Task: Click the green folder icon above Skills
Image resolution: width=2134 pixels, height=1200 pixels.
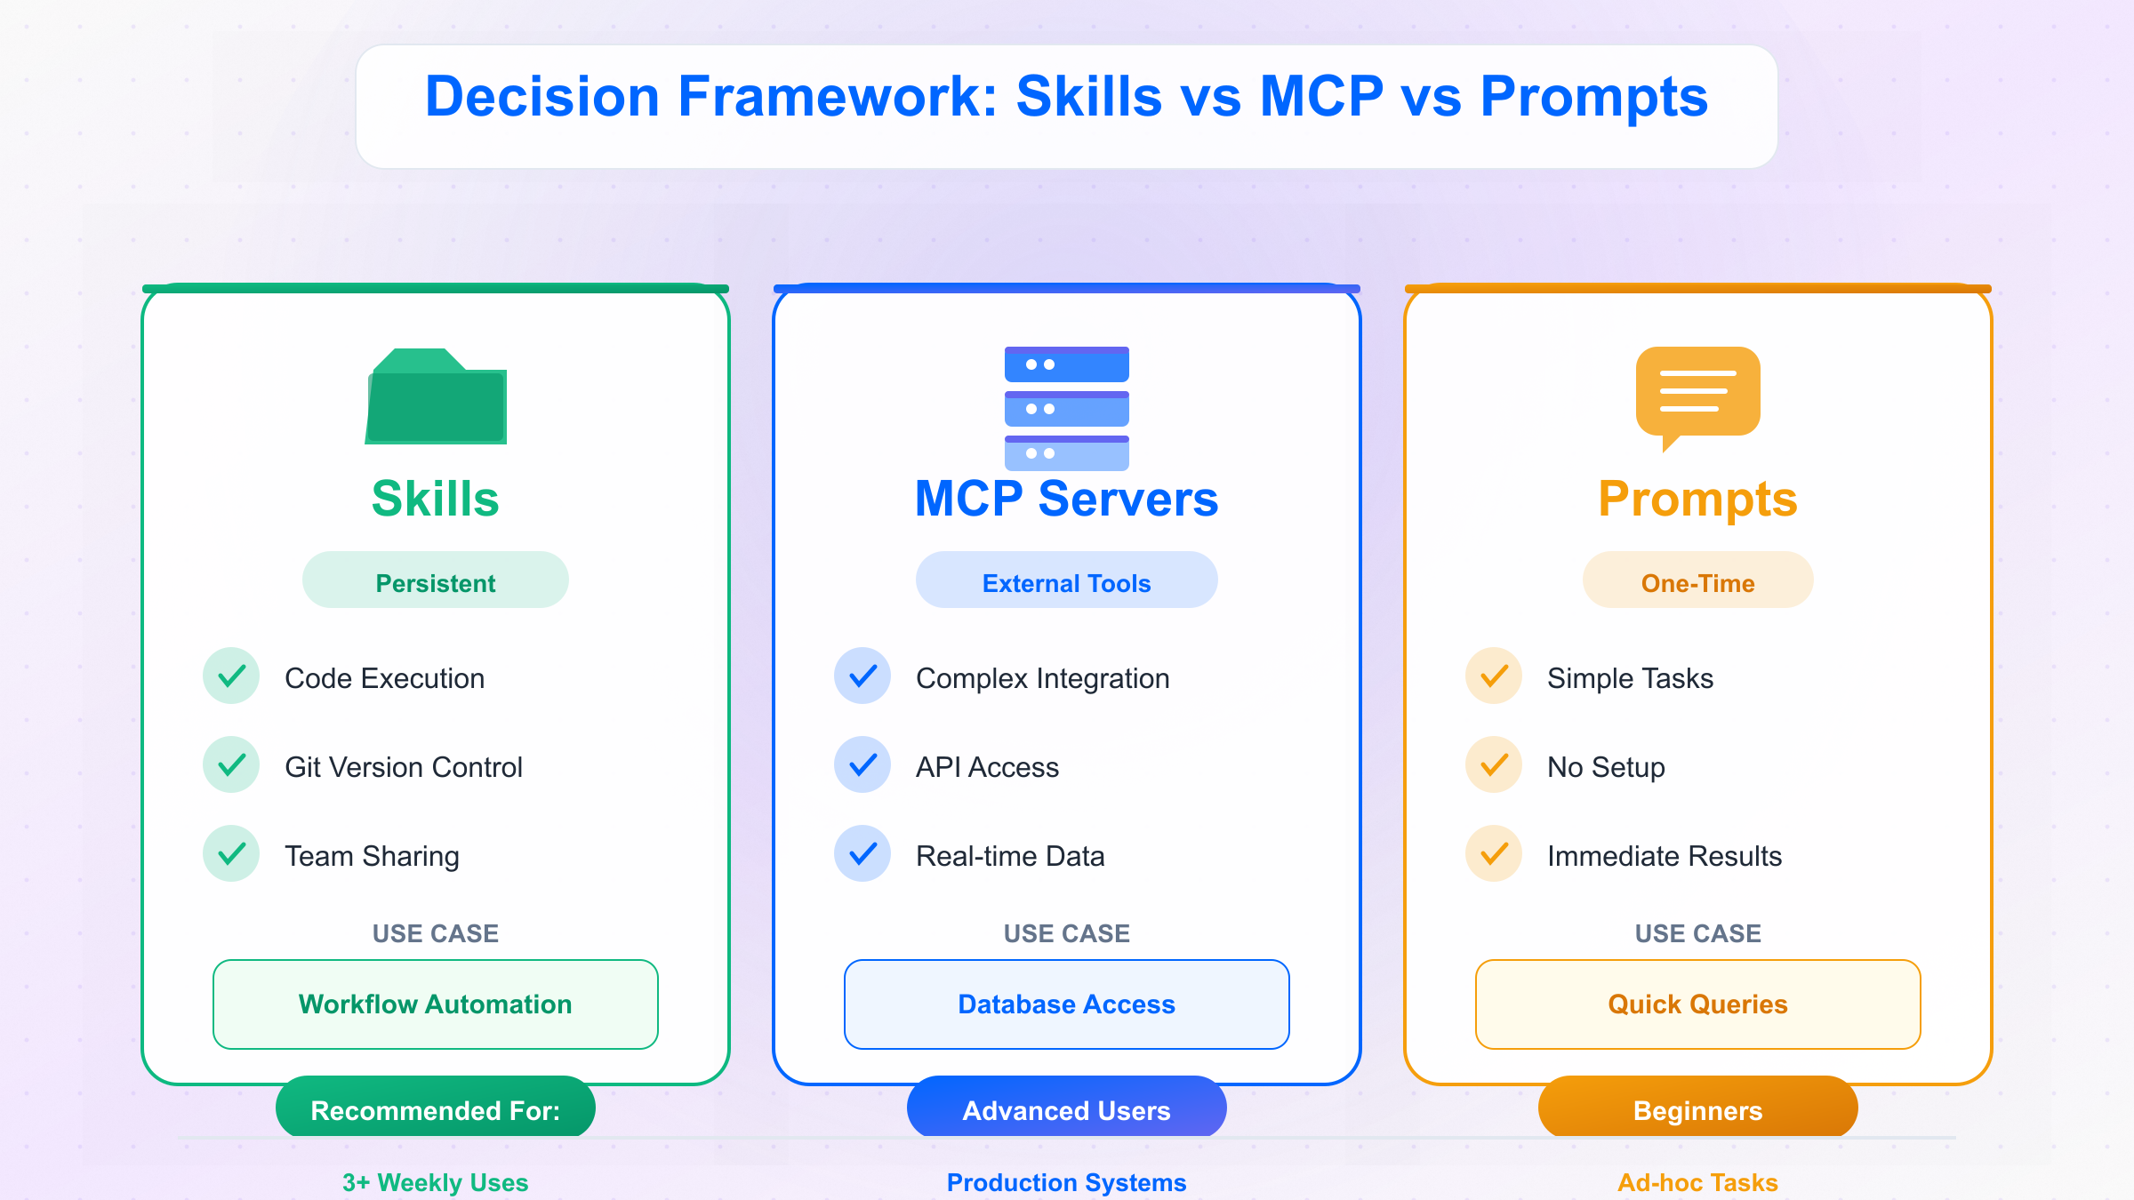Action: point(436,396)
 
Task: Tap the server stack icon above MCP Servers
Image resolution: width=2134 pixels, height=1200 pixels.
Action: point(1067,408)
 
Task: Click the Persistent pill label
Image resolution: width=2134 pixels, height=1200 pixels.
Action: point(436,580)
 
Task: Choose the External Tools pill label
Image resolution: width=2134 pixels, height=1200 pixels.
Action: point(1067,580)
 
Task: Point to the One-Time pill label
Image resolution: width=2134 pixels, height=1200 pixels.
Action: point(1698,580)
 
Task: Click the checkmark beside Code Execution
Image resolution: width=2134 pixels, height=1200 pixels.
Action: point(231,676)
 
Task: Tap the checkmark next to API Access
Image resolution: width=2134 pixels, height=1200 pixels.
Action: point(862,764)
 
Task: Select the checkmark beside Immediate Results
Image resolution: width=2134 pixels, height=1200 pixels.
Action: point(1494,853)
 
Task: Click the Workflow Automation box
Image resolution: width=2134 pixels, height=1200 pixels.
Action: point(436,1004)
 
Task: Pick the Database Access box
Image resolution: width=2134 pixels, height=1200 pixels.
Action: point(1067,1004)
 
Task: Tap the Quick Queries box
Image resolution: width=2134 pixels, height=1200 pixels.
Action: point(1698,1004)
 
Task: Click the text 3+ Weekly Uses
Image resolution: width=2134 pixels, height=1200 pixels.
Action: point(436,1182)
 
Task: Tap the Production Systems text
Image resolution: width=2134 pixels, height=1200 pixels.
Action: point(1067,1182)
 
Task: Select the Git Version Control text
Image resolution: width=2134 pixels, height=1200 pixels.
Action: point(404,766)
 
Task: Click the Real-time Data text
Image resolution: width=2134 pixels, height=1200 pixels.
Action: point(1010,855)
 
